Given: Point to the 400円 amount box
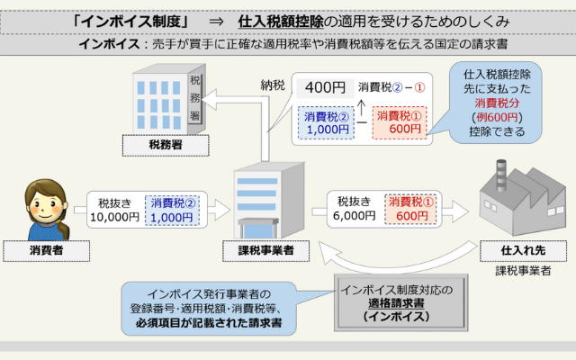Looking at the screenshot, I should (325, 87).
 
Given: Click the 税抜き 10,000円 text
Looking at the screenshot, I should (112, 210).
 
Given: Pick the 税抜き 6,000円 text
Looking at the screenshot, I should (356, 210).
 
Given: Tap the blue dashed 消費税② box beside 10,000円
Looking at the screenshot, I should (172, 210).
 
